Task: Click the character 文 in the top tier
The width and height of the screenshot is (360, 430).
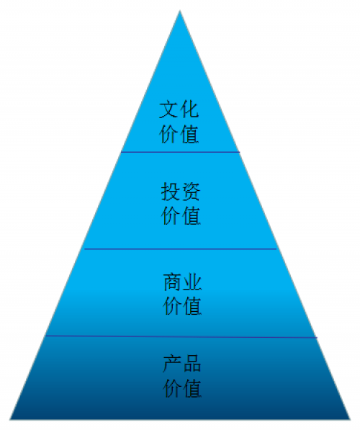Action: (168, 109)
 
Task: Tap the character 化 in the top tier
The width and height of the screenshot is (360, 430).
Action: (189, 109)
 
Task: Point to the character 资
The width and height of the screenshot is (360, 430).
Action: (192, 192)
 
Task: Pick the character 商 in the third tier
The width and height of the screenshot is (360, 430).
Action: (173, 282)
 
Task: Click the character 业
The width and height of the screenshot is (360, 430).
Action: (193, 282)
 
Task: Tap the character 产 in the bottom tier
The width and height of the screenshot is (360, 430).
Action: (173, 364)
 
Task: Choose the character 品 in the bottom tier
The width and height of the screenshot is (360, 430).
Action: (192, 364)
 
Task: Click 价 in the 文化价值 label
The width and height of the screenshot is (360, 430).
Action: (168, 134)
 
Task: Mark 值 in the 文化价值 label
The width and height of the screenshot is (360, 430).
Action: (190, 134)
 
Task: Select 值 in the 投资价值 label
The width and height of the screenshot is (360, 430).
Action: (192, 216)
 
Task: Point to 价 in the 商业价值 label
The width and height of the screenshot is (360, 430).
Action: (173, 306)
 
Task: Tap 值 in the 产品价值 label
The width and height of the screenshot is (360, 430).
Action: (193, 388)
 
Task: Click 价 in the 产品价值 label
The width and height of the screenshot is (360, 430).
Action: (173, 388)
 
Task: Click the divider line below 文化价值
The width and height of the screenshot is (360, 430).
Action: (181, 152)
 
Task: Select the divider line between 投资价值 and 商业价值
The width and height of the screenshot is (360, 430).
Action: (181, 249)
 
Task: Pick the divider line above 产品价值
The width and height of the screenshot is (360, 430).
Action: (181, 336)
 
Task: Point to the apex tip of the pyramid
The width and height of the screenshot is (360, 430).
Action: (180, 10)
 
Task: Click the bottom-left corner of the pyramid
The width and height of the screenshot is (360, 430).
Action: (10, 420)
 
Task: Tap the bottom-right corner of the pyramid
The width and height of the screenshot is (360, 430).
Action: (351, 420)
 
